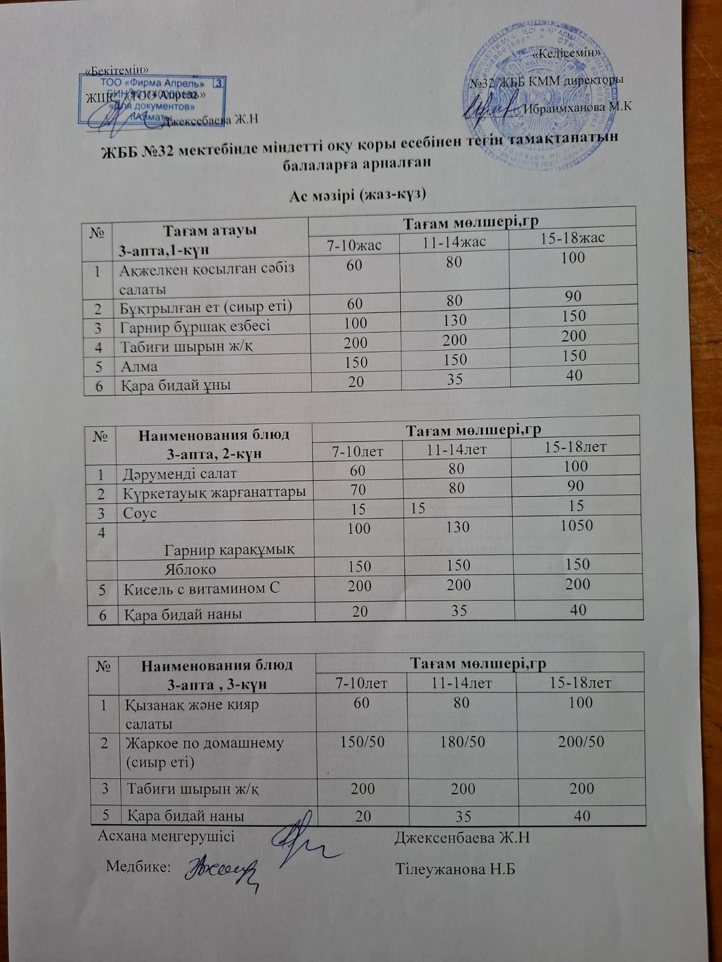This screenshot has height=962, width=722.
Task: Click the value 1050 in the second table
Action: coord(576,525)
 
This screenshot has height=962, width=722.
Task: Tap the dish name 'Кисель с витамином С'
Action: coord(202,589)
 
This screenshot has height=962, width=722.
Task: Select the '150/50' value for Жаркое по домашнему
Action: coord(362,741)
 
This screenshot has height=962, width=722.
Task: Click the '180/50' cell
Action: coord(462,741)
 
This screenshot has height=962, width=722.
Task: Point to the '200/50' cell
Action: coord(581,741)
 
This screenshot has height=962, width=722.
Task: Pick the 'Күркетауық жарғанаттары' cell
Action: coord(214,493)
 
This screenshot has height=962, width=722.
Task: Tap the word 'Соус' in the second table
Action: coord(140,513)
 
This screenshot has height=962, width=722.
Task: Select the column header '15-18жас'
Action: coord(573,237)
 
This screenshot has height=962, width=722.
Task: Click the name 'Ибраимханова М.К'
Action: coord(578,108)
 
